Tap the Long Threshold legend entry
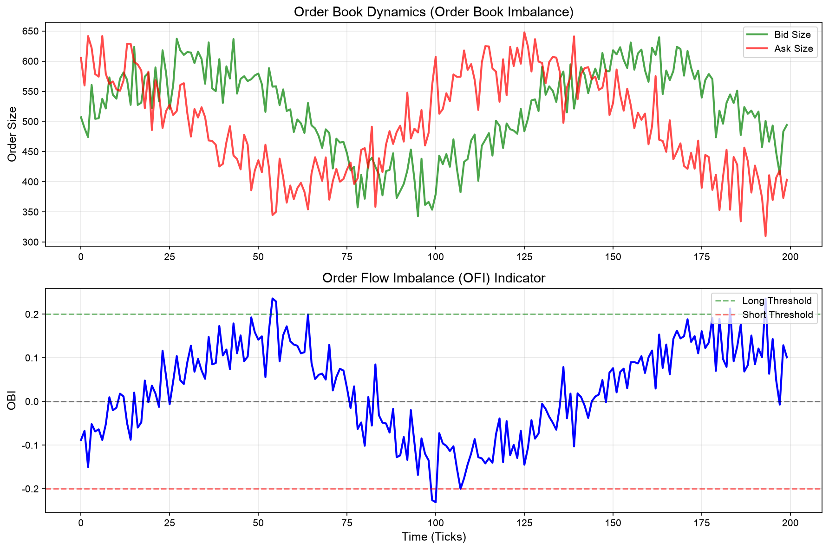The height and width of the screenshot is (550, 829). point(764,301)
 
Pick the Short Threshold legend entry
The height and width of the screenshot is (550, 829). point(764,314)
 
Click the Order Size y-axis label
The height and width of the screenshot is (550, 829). point(13,134)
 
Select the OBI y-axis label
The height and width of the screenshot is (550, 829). point(13,401)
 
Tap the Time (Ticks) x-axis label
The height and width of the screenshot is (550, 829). point(434,537)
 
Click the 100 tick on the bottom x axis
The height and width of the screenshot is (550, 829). point(435,523)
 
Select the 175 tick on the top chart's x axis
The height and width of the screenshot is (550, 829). point(701,257)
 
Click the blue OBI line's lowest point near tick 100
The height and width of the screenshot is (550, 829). point(435,502)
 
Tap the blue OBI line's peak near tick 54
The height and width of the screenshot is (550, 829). point(273,298)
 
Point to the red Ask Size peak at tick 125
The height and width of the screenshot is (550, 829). point(524,32)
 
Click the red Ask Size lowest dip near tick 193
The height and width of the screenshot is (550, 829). point(765,236)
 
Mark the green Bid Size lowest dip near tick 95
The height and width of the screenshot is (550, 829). point(418,216)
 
